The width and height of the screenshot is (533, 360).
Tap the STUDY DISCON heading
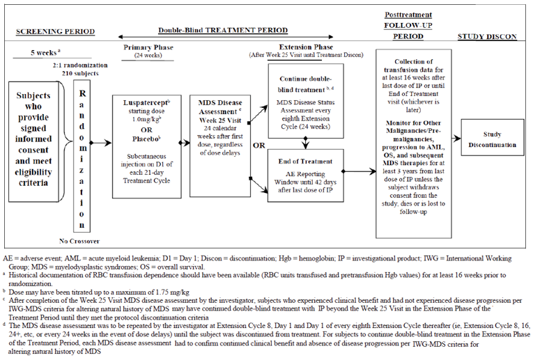tap(488, 37)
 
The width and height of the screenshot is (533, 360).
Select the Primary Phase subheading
tap(147, 49)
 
